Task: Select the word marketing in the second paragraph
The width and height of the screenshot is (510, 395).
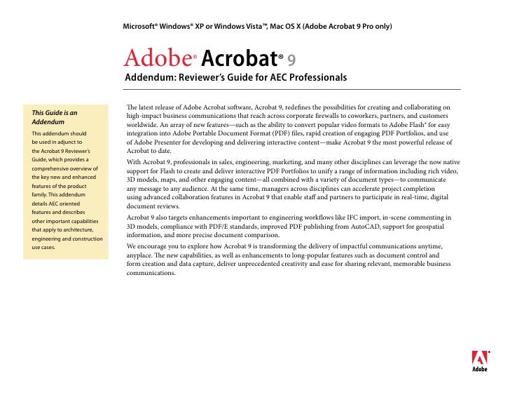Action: tap(294, 161)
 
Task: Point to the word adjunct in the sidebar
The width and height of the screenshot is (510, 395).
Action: tap(66, 141)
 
